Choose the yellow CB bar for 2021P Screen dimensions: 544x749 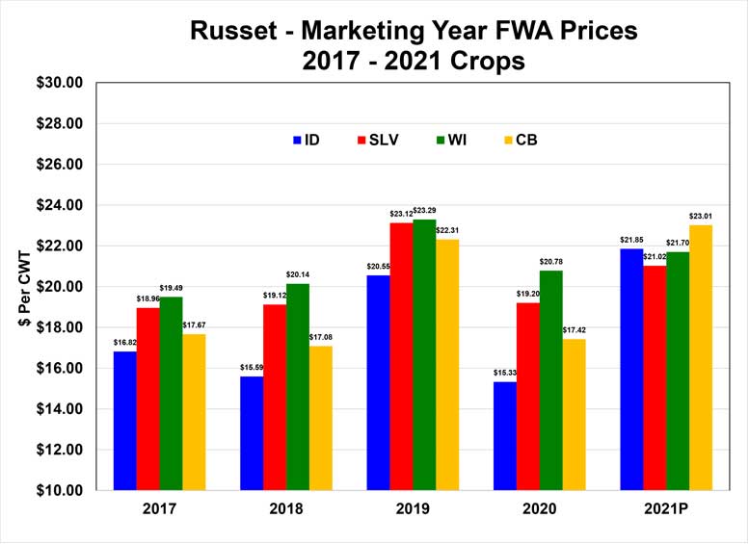tap(701, 357)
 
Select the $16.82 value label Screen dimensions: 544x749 tap(124, 343)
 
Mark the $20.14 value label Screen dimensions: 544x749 tap(298, 275)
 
